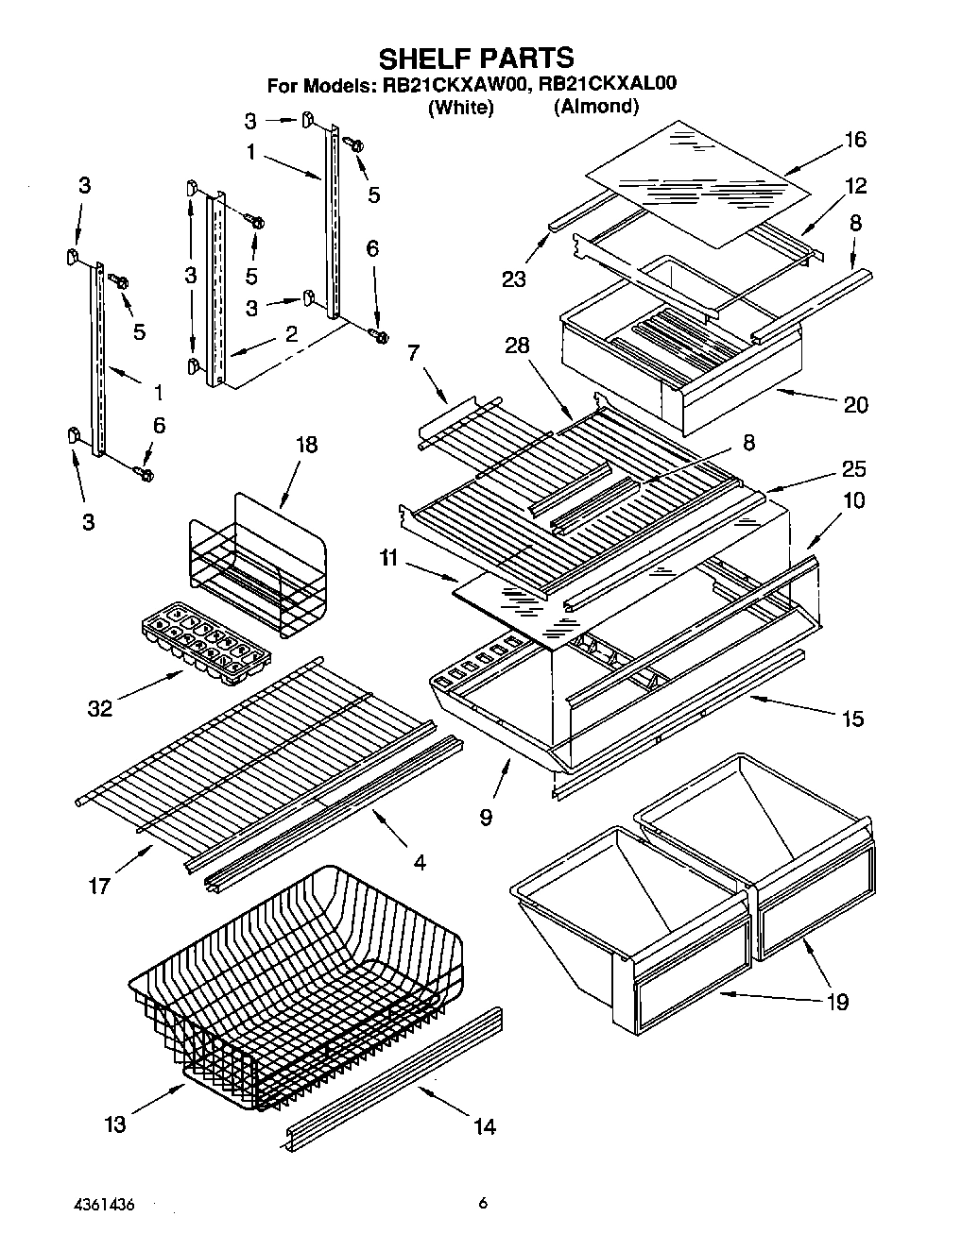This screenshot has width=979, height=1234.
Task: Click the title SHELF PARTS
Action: (475, 58)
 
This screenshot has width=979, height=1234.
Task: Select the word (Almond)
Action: (595, 107)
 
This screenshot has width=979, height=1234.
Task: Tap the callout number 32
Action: (100, 708)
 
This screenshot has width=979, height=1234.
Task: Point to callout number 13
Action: (114, 1124)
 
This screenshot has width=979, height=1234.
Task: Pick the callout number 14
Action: (485, 1125)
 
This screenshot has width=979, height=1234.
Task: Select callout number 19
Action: (837, 1001)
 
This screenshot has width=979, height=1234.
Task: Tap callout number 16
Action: (855, 140)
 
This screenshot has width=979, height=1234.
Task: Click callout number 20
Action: (855, 404)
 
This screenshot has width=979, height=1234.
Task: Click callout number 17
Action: (99, 885)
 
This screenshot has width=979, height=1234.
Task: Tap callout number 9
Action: (485, 817)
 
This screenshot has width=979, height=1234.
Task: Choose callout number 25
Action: (853, 469)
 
